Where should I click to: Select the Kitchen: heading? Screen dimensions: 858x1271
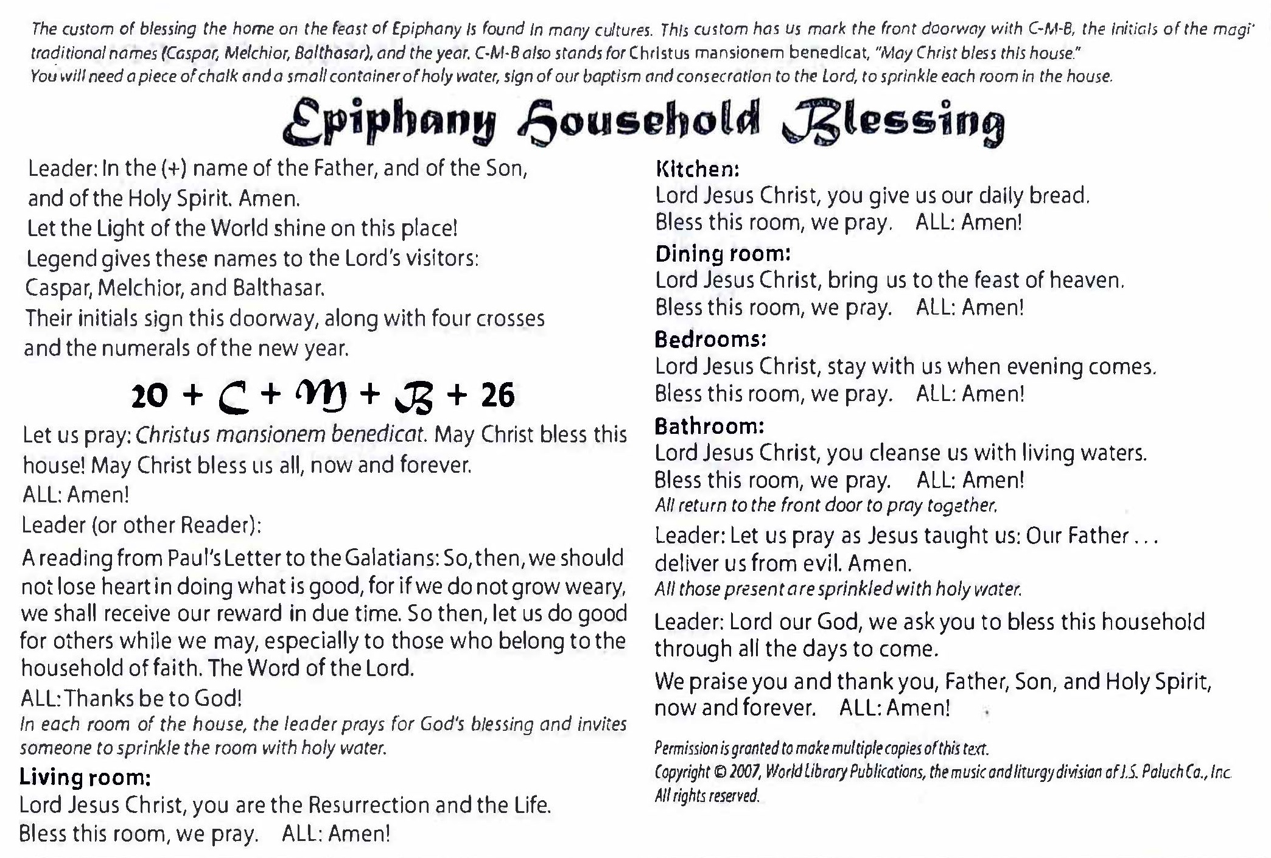(697, 169)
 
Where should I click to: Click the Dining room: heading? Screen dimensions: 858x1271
(723, 254)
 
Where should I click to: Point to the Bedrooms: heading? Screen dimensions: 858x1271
(710, 339)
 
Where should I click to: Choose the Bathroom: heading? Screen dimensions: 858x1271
(709, 426)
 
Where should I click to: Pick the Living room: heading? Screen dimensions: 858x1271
(85, 777)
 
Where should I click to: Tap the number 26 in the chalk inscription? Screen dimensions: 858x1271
(497, 396)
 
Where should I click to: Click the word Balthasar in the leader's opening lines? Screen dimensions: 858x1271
(278, 288)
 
